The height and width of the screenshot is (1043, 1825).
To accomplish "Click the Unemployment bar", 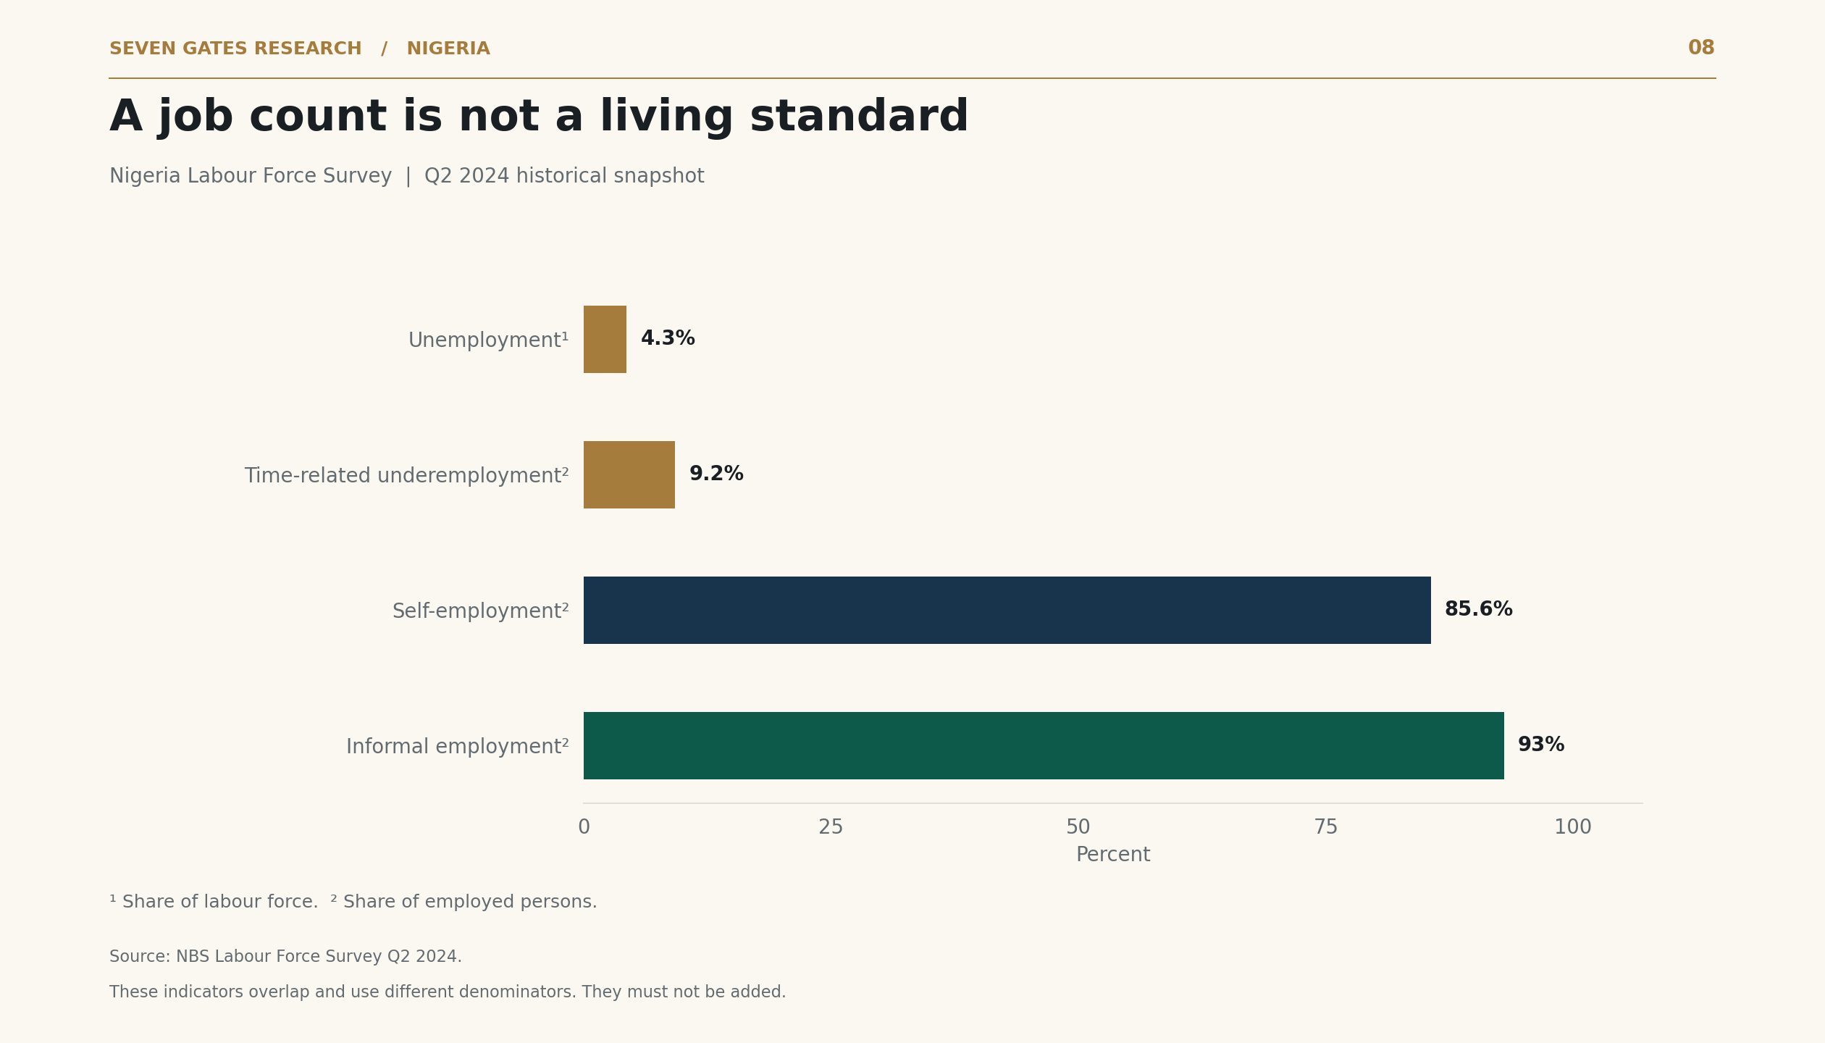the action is coord(605,339).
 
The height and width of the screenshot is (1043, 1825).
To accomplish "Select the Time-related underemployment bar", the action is coord(629,474).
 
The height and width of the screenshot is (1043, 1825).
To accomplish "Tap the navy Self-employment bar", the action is coord(1007,610).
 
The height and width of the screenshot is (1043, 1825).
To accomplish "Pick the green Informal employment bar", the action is coord(1044,745).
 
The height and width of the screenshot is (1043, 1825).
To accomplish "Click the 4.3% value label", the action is coord(668,339).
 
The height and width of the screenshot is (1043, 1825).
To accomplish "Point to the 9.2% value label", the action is coord(716,474).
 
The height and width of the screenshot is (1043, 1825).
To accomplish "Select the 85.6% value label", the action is coord(1479,610).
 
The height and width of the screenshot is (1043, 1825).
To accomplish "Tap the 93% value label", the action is coord(1541,745).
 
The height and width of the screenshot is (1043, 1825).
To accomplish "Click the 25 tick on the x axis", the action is coord(831,827).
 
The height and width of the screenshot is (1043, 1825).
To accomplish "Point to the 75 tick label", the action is coord(1326,827).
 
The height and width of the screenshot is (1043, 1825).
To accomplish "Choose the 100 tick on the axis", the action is coord(1573,827).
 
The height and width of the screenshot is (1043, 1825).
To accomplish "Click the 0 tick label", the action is coord(584,827).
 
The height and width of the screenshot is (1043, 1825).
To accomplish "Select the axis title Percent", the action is coord(1113,855).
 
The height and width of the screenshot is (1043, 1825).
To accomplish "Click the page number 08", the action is coord(1701,49).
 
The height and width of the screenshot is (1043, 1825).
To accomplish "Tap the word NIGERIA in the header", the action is coord(448,49).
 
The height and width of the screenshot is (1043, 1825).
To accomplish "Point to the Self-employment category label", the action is coord(481,611).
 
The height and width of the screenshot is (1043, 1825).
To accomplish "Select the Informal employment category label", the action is coord(458,747).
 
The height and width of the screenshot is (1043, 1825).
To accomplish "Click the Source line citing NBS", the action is coord(285,957).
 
